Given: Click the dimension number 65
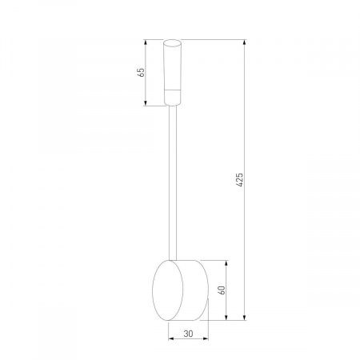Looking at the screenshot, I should tap(141, 72).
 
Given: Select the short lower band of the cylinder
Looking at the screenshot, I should tap(174, 99).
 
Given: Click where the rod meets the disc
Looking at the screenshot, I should tap(174, 258).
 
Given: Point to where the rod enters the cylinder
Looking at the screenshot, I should tap(174, 106).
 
